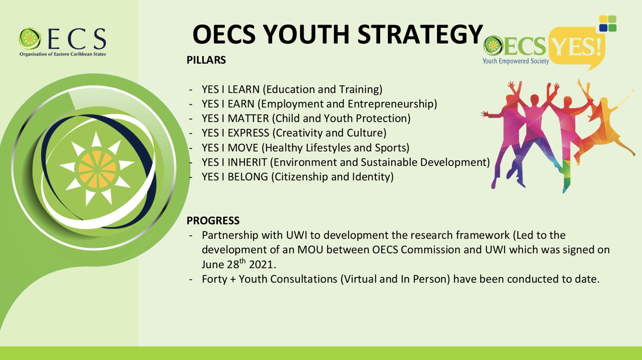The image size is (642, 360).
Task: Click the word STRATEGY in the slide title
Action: pos(420,34)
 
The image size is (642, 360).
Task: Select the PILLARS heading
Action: pos(206,60)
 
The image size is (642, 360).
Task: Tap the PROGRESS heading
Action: pos(213,220)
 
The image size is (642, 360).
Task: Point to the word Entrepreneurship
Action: pos(391,104)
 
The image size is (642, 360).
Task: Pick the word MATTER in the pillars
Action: pos(248,119)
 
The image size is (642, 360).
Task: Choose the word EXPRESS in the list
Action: pos(249,133)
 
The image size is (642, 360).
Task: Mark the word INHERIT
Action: pos(247,163)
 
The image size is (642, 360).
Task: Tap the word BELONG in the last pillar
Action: pos(248,177)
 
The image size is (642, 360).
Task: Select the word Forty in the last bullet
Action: pos(214,279)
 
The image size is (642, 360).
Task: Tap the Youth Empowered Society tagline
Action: pos(516,61)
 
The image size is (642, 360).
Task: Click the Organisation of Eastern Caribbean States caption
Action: pos(62,54)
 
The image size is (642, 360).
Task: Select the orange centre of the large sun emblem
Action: pos(97,170)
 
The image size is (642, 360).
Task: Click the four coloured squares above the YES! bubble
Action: pos(608,24)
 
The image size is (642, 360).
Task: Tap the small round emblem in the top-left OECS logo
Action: pos(30,39)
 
